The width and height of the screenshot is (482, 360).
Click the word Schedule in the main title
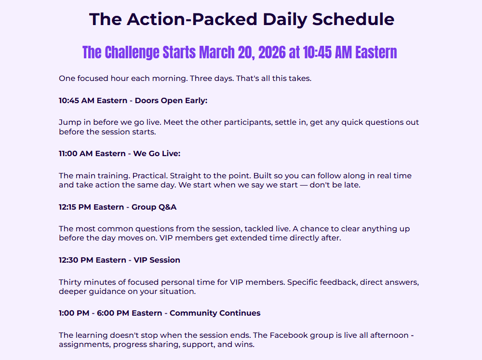[353, 19]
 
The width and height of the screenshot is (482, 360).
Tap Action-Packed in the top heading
[192, 19]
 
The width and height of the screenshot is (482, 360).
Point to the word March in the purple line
[217, 52]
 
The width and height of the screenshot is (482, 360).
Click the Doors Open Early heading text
[171, 101]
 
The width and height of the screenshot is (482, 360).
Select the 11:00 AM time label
[77, 153]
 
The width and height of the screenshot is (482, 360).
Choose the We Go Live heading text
[157, 153]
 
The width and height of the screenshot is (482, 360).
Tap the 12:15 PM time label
[75, 207]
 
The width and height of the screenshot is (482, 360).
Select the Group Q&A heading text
[154, 207]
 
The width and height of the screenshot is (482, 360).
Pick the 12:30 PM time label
[76, 260]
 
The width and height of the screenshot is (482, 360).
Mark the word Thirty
[70, 282]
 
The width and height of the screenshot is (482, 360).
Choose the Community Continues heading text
[215, 313]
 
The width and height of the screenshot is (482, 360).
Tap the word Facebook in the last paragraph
[289, 335]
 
